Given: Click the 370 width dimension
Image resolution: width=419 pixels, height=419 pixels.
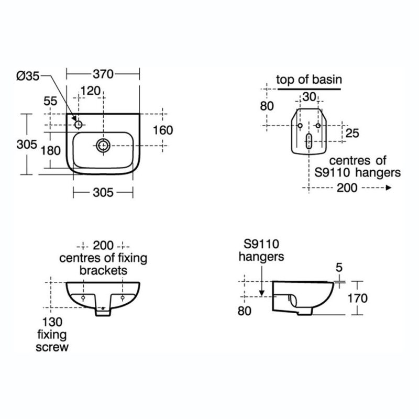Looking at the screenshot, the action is click(x=103, y=74).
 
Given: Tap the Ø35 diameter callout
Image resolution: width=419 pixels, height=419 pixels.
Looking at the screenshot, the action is click(x=28, y=76).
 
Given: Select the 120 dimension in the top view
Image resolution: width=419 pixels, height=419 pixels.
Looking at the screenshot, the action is click(x=91, y=91).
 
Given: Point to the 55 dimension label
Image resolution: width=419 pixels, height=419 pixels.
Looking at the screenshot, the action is click(x=50, y=101).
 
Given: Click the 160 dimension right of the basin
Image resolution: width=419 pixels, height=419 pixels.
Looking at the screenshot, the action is click(x=163, y=130).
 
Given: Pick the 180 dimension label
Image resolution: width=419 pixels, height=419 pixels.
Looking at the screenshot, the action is click(x=50, y=151).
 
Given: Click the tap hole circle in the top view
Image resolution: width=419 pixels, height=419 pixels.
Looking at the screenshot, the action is click(x=78, y=125).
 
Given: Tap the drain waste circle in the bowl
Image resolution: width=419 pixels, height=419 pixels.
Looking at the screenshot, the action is click(x=103, y=146).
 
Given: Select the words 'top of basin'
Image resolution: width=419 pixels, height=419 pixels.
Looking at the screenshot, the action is click(x=309, y=80).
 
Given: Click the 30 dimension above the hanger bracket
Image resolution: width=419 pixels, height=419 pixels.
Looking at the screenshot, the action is click(x=309, y=97).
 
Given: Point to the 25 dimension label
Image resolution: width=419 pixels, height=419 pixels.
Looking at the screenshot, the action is click(x=352, y=133).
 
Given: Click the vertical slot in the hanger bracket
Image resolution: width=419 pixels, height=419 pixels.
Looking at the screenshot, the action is click(x=308, y=141).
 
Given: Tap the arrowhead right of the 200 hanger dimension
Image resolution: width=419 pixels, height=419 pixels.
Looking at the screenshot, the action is click(x=389, y=188).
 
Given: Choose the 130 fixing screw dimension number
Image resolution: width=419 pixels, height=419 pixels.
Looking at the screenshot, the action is click(x=52, y=322).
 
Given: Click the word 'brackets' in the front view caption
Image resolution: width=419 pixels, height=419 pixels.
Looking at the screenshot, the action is click(x=103, y=270).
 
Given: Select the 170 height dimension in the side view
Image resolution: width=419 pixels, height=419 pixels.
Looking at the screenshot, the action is click(x=358, y=298).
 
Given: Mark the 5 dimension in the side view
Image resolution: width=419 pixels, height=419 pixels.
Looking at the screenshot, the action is click(x=339, y=268).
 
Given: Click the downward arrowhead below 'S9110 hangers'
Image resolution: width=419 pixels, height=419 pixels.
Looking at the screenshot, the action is click(x=262, y=293).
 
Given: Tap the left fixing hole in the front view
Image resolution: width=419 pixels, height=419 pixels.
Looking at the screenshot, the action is click(x=83, y=297).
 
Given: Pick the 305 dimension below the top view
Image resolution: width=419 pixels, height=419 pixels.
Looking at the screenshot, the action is click(x=103, y=192).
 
